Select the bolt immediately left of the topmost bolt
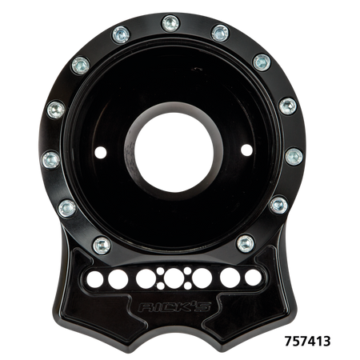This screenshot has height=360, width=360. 122,33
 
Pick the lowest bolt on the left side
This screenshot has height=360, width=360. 100,242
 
